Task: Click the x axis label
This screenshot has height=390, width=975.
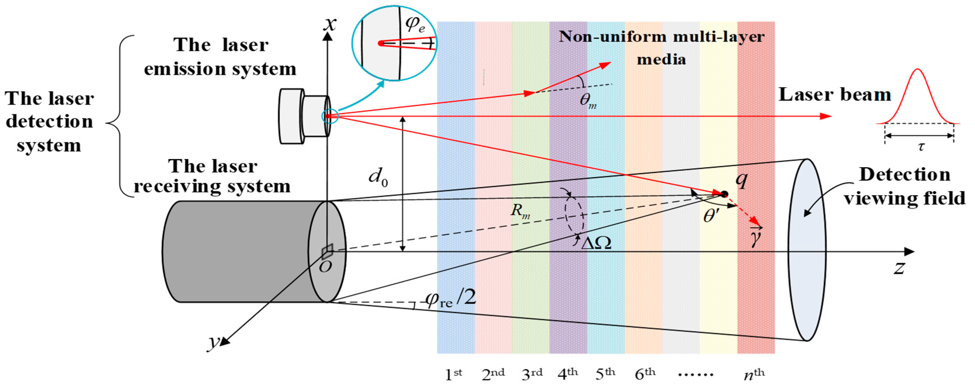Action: (330, 24)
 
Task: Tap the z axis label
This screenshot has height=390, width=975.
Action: (899, 267)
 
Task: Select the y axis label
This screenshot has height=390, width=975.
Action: (214, 342)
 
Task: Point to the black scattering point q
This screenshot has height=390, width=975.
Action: (724, 194)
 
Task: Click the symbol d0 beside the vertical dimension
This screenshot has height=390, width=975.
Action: (379, 177)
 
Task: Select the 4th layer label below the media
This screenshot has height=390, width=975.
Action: (567, 375)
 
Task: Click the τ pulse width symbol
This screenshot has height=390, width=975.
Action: (921, 146)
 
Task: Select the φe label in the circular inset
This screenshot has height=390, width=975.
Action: (415, 24)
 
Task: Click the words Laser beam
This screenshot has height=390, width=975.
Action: (834, 95)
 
